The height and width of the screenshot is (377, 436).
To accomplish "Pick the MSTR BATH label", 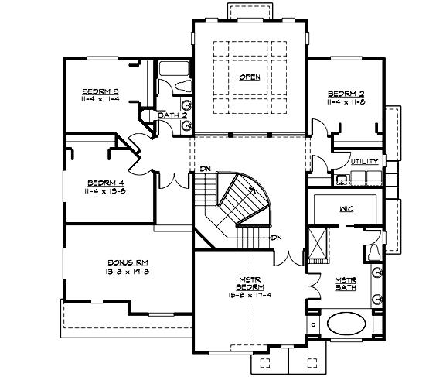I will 345,284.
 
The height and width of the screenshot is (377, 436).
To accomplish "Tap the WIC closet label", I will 346,209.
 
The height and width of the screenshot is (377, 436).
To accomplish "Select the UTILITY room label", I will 364,162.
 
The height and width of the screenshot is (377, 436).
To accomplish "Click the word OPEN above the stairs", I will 250,77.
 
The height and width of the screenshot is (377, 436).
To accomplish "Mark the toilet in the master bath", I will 372,250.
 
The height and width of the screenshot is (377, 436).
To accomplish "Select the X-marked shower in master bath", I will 316,237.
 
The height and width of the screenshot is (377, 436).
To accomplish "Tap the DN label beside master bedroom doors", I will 275,237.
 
